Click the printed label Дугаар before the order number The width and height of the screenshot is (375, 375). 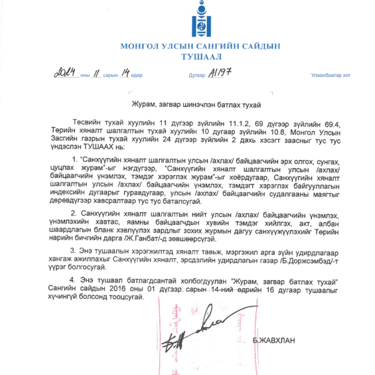[197, 76]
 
